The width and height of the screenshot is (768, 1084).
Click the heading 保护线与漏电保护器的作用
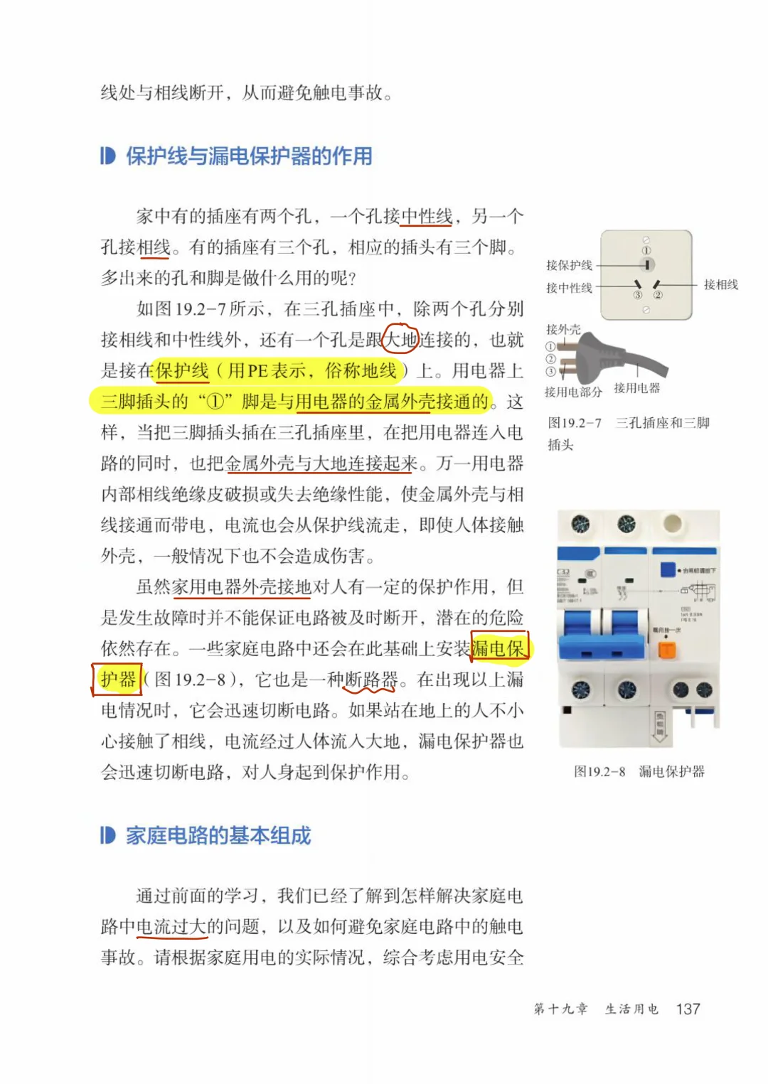pyautogui.click(x=249, y=156)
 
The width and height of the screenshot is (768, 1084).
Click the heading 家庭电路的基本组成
pyautogui.click(x=218, y=835)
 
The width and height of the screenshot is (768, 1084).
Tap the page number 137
pyautogui.click(x=688, y=1009)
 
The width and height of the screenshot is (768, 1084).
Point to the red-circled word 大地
pyautogui.click(x=400, y=340)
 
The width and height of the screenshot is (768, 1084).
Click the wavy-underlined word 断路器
pyautogui.click(x=370, y=680)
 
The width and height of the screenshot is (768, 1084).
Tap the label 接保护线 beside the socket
pyautogui.click(x=569, y=265)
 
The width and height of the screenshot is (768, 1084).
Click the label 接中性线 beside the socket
pyautogui.click(x=569, y=288)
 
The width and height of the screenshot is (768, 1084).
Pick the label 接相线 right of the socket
pyautogui.click(x=720, y=284)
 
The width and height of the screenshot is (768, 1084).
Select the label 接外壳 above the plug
pyautogui.click(x=563, y=330)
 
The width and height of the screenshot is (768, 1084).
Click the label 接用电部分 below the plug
pyautogui.click(x=573, y=392)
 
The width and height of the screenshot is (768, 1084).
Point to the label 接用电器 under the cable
pyautogui.click(x=637, y=388)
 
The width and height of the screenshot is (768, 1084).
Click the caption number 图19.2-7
pyautogui.click(x=575, y=423)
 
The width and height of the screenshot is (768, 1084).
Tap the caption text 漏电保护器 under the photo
pyautogui.click(x=671, y=771)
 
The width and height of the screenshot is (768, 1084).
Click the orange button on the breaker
pyautogui.click(x=667, y=649)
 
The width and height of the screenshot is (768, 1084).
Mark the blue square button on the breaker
pyautogui.click(x=668, y=569)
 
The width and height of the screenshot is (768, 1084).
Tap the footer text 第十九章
pyautogui.click(x=561, y=1009)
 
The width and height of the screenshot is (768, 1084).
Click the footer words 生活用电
pyautogui.click(x=631, y=1009)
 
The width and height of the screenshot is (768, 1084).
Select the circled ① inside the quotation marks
pyautogui.click(x=215, y=402)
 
